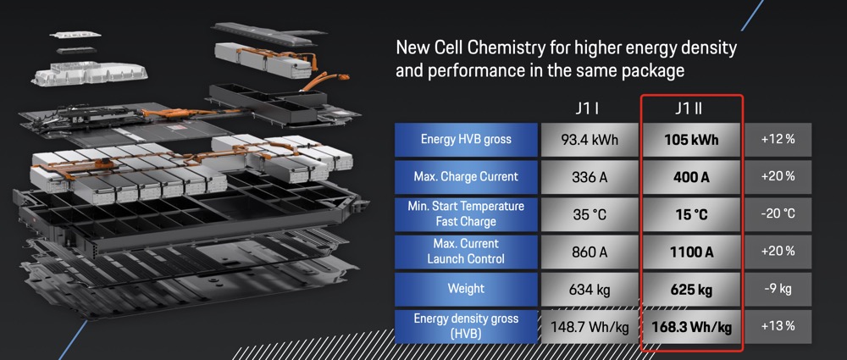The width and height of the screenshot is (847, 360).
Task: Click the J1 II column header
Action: pyautogui.click(x=692, y=108)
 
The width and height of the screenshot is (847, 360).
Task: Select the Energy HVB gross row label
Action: pyautogui.click(x=465, y=139)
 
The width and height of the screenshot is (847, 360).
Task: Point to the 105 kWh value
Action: pyautogui.click(x=692, y=140)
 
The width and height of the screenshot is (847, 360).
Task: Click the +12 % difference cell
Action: pyautogui.click(x=778, y=140)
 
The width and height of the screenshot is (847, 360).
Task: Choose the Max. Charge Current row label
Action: pyautogui.click(x=465, y=177)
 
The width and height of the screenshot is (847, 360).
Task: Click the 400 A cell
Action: pyautogui.click(x=692, y=177)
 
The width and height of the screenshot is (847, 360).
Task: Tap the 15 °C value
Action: pyautogui.click(x=692, y=214)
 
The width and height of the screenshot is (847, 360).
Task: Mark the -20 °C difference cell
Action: pyautogui.click(x=778, y=214)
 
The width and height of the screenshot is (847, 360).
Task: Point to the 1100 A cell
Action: pyautogui.click(x=692, y=252)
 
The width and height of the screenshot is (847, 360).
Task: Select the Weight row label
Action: pyautogui.click(x=465, y=289)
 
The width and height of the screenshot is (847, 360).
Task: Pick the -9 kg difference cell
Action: pyautogui.click(x=778, y=289)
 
